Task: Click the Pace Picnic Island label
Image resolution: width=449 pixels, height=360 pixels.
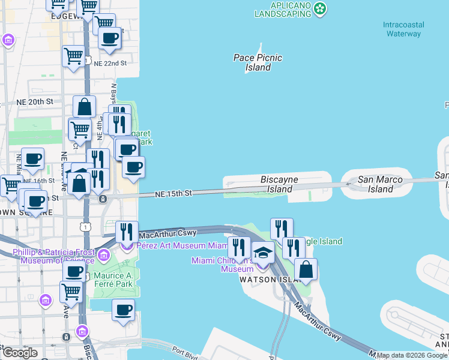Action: pos(258,62)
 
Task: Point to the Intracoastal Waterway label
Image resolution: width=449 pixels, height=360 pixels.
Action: pos(403,29)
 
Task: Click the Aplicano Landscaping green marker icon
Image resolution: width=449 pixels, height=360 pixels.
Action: pos(321,8)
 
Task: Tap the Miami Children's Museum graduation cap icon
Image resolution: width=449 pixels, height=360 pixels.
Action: pos(262,254)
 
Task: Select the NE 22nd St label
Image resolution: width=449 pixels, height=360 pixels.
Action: pos(110,62)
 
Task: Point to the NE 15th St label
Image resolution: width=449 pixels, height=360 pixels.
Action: pos(173,193)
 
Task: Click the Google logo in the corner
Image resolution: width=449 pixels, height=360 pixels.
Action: pos(20,352)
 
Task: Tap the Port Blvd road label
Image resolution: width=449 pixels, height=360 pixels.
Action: pos(184,352)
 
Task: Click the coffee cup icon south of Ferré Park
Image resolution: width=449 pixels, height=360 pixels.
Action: pos(123,310)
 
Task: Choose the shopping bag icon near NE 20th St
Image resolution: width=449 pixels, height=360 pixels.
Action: pos(85,107)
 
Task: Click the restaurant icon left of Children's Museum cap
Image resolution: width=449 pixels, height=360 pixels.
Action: pos(239,247)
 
